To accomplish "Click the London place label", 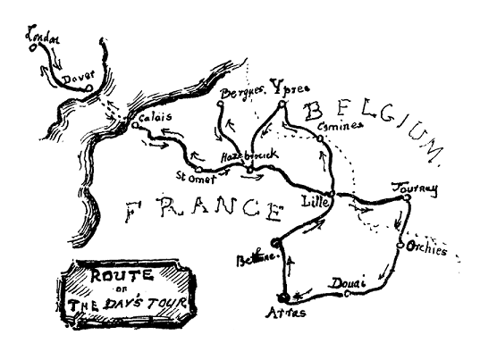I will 42,38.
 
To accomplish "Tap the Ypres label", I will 285,91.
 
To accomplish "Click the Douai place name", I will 349,283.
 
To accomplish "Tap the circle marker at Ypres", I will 281,105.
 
